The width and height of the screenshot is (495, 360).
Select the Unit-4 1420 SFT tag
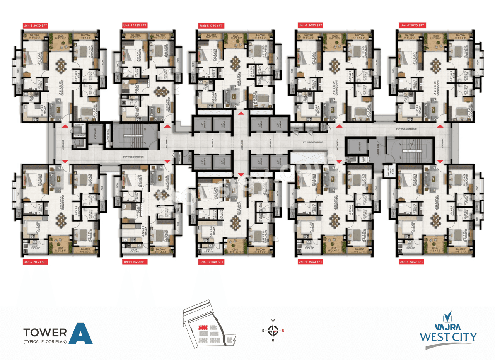coord(135,26)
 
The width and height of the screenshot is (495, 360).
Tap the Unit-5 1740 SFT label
coord(211,26)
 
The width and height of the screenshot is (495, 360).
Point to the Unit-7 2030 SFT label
coord(412,26)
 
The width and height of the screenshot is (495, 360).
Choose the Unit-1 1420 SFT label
coord(135,262)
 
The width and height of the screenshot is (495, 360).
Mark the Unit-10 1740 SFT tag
coord(211,262)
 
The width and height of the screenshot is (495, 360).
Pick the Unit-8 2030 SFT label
coord(411,262)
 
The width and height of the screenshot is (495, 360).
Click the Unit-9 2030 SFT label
coord(310,262)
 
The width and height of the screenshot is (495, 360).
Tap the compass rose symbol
coord(273,330)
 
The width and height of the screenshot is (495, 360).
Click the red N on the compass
coord(283,330)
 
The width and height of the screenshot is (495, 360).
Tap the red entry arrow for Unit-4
coord(167,126)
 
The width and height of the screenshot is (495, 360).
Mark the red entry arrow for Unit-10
coord(241,175)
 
